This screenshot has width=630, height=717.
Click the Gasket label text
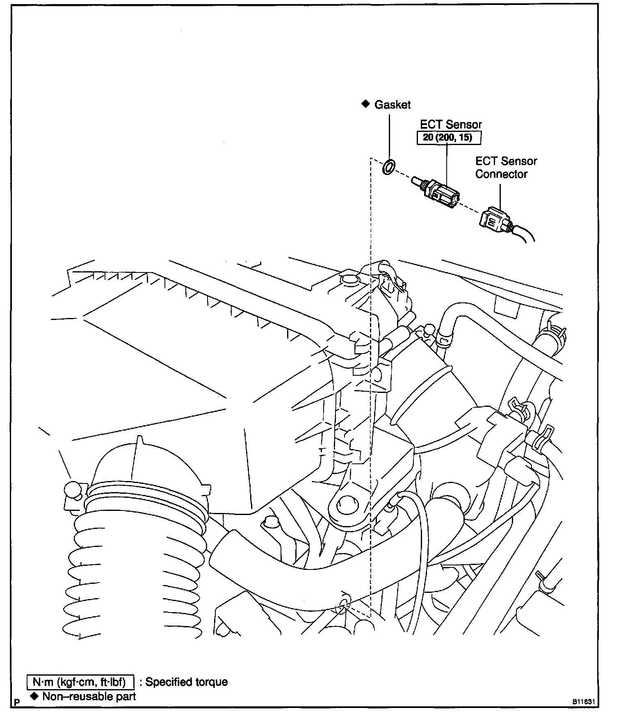coord(393,105)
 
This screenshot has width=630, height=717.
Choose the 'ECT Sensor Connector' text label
coord(506,168)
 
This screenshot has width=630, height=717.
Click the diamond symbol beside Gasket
coord(365,104)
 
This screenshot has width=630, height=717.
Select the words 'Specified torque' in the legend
coord(187,682)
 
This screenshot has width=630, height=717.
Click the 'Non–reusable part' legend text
coord(89,697)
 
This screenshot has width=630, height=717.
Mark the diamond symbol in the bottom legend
coord(34,696)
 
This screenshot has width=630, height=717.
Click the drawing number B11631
coord(584,701)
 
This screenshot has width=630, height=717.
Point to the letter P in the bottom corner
coord(17,702)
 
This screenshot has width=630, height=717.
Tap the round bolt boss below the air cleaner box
coord(347,505)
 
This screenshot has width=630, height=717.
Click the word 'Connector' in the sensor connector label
coord(501,174)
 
